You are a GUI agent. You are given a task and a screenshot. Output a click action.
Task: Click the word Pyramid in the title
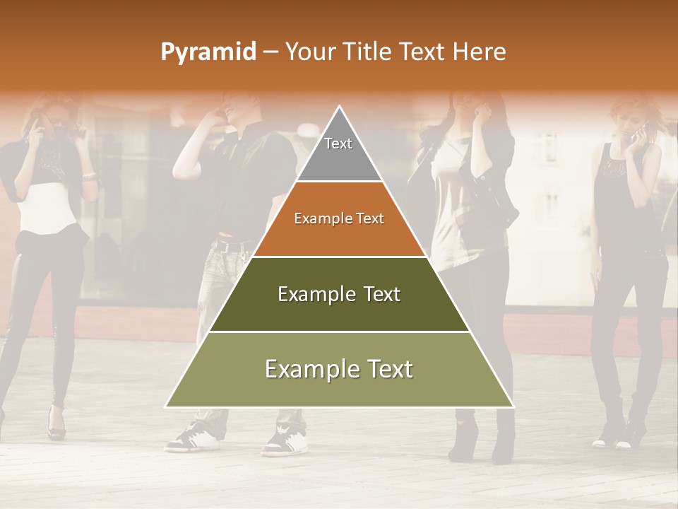(208, 52)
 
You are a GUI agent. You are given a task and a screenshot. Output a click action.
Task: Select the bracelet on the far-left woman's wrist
(88, 175)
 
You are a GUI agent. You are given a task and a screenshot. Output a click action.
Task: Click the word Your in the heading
(309, 52)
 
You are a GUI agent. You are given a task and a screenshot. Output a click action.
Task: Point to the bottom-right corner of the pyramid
(513, 406)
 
